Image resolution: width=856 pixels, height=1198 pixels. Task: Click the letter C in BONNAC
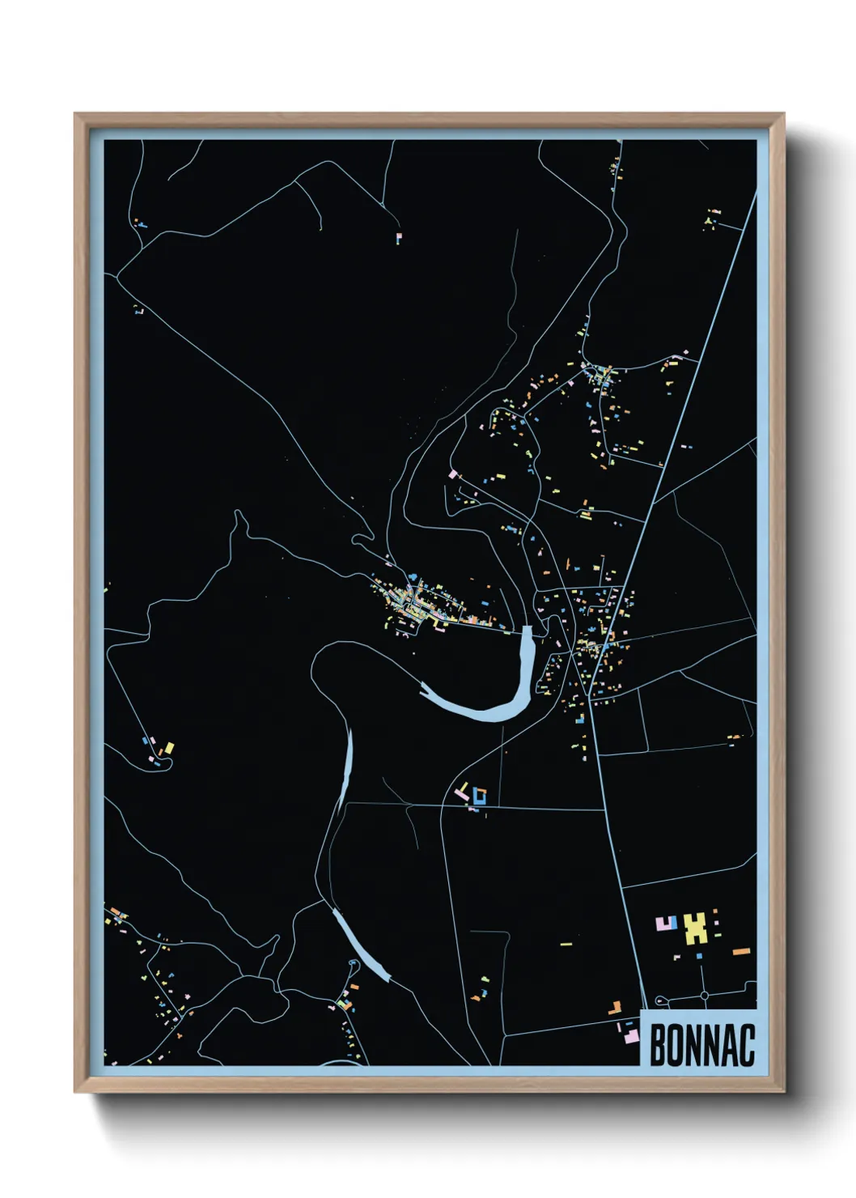[747, 1045]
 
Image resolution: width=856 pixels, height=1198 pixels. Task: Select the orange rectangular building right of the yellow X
[741, 951]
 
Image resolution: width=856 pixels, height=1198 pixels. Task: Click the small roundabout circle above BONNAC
[705, 995]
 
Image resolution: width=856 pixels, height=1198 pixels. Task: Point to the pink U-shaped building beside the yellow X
[666, 923]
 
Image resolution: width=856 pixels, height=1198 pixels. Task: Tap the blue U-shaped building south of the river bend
[479, 796]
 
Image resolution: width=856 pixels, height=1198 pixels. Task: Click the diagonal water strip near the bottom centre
[362, 945]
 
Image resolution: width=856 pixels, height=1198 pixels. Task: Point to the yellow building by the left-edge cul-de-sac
[169, 748]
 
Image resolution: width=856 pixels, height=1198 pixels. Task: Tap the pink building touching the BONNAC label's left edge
[632, 1034]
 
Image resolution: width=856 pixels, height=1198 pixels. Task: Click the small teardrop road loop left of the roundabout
[659, 1000]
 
